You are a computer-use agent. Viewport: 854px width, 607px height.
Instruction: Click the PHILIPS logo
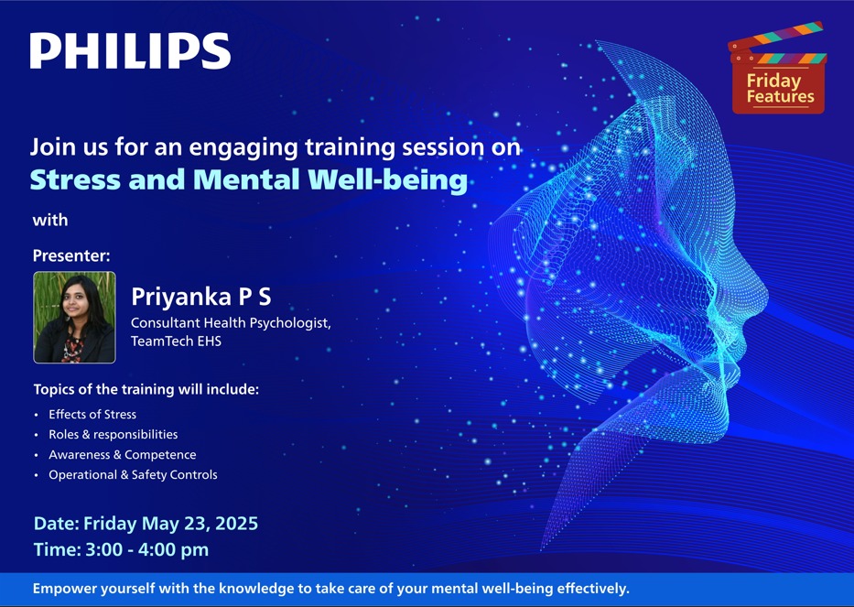pyautogui.click(x=130, y=50)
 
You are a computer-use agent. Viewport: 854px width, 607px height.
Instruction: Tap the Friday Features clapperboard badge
pyautogui.click(x=778, y=68)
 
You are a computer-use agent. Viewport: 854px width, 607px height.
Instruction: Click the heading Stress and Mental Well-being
pyautogui.click(x=249, y=179)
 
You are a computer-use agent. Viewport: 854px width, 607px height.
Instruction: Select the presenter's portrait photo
pyautogui.click(x=75, y=317)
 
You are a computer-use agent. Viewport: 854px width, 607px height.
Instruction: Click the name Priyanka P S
pyautogui.click(x=201, y=297)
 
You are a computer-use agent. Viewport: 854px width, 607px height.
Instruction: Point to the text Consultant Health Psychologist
pyautogui.click(x=231, y=323)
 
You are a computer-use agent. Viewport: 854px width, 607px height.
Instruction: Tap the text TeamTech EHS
pyautogui.click(x=176, y=341)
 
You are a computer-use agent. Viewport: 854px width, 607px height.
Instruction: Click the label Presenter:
pyautogui.click(x=71, y=255)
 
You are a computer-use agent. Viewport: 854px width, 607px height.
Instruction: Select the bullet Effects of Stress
pyautogui.click(x=92, y=414)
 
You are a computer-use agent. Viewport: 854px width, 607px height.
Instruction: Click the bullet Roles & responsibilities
pyautogui.click(x=114, y=434)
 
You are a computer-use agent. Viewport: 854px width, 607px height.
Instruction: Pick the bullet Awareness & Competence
pyautogui.click(x=123, y=454)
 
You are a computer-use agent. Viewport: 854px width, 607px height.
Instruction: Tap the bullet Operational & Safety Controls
pyautogui.click(x=133, y=474)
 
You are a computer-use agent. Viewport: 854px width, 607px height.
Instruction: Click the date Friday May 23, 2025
pyautogui.click(x=170, y=523)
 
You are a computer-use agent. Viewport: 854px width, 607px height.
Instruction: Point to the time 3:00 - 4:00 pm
pyautogui.click(x=147, y=549)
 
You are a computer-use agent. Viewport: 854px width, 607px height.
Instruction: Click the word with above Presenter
pyautogui.click(x=50, y=220)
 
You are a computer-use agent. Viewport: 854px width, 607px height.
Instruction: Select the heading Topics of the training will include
pyautogui.click(x=146, y=389)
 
